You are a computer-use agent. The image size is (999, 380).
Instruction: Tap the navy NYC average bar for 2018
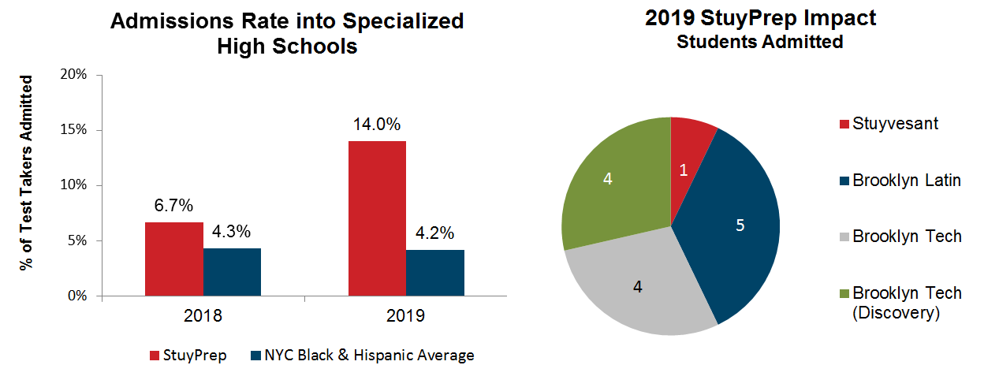[x=232, y=272]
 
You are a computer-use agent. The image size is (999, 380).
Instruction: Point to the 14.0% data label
[x=377, y=125]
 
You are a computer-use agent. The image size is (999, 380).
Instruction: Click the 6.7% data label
[x=173, y=206]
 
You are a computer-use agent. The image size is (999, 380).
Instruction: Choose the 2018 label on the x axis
[x=203, y=316]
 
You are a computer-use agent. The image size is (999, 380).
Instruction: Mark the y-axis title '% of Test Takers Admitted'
[x=28, y=173]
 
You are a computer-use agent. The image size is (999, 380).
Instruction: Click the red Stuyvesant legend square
[x=844, y=124]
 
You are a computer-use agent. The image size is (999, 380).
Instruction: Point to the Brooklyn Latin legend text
[x=907, y=181]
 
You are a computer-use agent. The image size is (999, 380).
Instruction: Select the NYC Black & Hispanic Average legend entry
[x=362, y=356]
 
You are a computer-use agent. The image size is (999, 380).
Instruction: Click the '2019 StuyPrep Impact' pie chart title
[x=760, y=18]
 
